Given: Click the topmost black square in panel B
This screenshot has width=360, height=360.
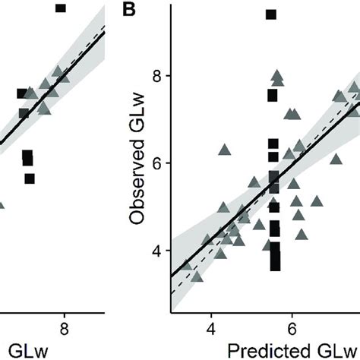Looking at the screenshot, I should [271, 14].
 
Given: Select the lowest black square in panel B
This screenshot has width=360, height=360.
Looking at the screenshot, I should [274, 265].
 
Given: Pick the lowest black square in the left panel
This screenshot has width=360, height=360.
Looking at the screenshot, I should [30, 178].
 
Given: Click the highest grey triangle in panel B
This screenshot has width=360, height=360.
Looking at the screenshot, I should [277, 75].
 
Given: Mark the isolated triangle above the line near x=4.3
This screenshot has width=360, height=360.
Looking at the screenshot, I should [224, 150].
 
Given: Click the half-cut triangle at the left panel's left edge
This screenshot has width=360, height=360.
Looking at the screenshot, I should [2, 204].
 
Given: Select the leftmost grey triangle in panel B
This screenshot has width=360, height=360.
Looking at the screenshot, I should [187, 265].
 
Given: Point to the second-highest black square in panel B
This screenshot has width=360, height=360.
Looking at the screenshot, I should [272, 95].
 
